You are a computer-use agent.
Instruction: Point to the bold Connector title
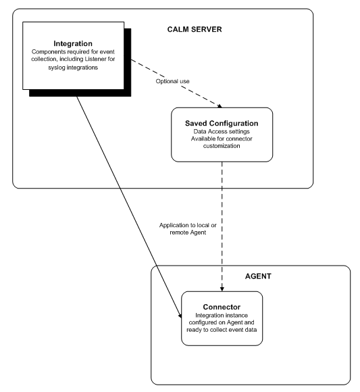coord(222,298)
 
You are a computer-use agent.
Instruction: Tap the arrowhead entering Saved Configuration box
coord(217,105)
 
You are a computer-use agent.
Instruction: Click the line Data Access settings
coord(222,132)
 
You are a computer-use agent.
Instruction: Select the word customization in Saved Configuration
coord(222,148)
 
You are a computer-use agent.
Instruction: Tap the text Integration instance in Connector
coord(222,308)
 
